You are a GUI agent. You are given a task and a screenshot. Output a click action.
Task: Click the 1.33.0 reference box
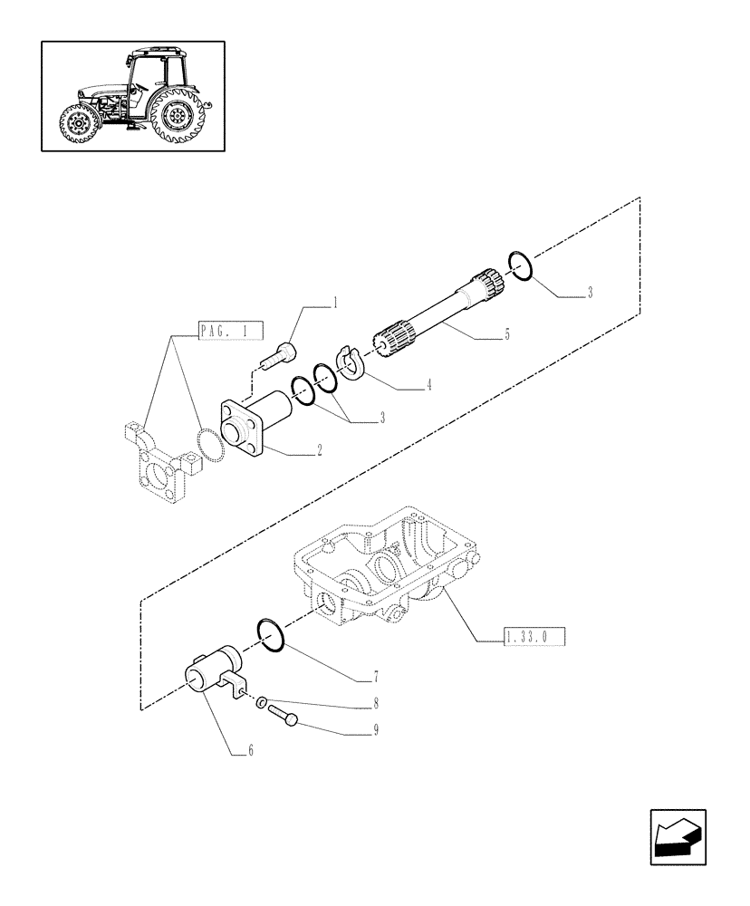[x=534, y=639]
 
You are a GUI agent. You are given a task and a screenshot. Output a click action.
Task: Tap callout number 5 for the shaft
[x=506, y=335]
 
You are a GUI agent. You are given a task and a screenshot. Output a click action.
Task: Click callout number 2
[x=320, y=449]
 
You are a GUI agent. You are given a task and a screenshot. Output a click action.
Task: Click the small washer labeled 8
[x=260, y=702]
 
